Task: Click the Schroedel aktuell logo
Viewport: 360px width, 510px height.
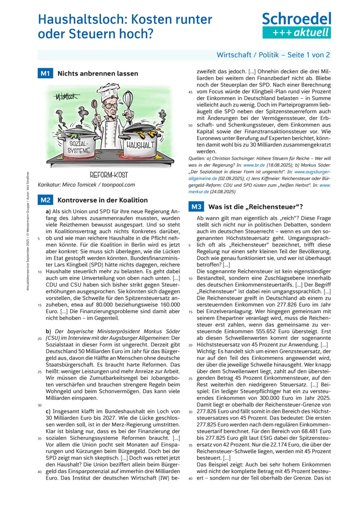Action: pyautogui.click(x=296, y=26)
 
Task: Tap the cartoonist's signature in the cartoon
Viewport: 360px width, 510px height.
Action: pyautogui.click(x=64, y=96)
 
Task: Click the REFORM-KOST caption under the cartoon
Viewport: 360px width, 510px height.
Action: pyautogui.click(x=108, y=175)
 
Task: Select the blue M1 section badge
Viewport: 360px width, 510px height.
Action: pyautogui.click(x=45, y=74)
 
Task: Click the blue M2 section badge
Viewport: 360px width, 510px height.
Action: pyautogui.click(x=45, y=200)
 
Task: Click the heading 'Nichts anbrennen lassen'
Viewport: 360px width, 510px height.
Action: pyautogui.click(x=98, y=74)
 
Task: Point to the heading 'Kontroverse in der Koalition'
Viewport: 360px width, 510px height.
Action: pyautogui.click(x=103, y=200)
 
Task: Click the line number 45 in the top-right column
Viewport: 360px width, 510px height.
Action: pyautogui.click(x=190, y=93)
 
